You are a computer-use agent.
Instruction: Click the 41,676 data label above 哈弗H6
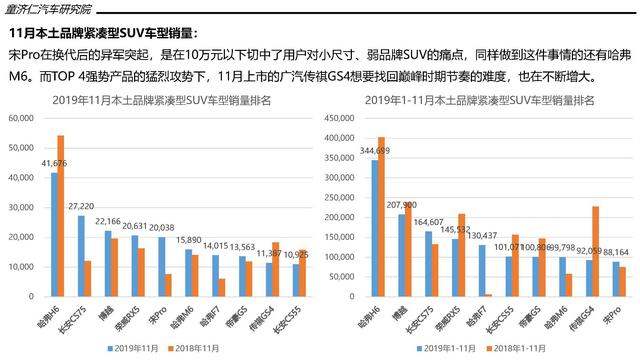tap(54, 163)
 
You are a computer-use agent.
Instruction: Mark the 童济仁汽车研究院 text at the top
tap(55, 9)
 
